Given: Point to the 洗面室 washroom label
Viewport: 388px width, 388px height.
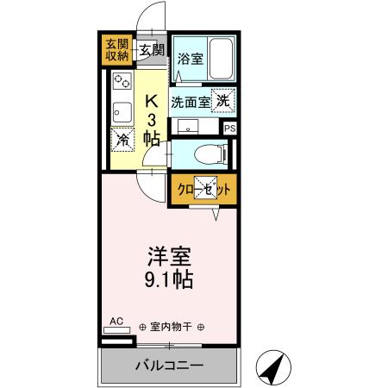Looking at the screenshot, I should [190, 101].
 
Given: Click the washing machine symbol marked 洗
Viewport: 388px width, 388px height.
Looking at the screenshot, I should [223, 100].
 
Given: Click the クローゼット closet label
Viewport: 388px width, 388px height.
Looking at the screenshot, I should [203, 190].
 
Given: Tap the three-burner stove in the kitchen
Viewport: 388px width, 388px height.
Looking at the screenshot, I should [121, 83].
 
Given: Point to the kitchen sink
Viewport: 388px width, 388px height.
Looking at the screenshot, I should [121, 110].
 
